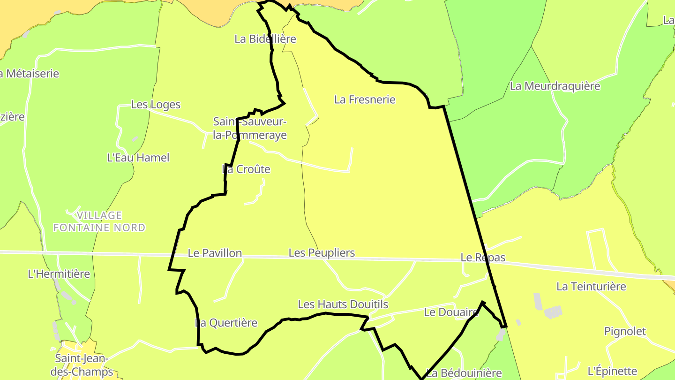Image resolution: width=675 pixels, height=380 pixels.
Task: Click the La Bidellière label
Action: pos(265,39)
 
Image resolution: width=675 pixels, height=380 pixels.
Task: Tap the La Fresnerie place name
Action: pos(365,99)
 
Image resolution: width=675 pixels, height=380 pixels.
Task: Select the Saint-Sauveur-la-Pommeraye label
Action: pos(250,128)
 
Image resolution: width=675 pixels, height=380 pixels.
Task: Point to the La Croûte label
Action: pos(246,169)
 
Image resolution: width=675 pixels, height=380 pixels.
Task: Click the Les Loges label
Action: pos(156,105)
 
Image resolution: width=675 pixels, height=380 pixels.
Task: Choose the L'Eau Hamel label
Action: pos(138,158)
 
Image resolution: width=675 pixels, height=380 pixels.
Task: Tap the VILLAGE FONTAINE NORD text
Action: pos(99,221)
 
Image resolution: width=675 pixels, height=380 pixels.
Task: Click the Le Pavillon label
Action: pos(215,253)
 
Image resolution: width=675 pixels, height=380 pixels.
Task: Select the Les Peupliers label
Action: pos(322,253)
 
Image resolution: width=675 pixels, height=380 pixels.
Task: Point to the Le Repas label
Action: pos(483,258)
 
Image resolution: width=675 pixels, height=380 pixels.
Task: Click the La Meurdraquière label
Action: pos(555,86)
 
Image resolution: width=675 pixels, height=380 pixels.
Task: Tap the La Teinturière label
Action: pos(591,286)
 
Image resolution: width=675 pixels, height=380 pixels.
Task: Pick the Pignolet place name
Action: pos(625,332)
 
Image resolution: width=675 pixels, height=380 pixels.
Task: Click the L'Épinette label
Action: pos(612,371)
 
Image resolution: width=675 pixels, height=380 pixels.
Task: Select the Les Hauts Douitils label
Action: pos(343,304)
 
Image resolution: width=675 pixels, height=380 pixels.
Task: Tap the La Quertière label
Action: pos(226,323)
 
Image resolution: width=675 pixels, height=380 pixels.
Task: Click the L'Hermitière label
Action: pos(59,274)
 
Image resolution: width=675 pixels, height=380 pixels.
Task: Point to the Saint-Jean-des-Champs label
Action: pos(84,365)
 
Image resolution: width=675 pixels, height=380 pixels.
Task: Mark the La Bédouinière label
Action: pos(464,373)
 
